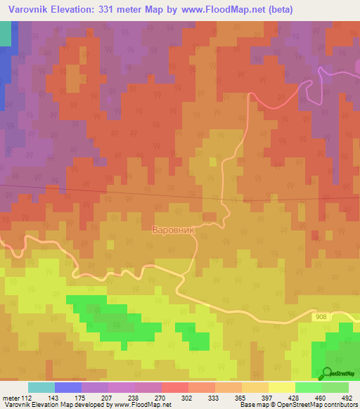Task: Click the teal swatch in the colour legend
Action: pos(41,387)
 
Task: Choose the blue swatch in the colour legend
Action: pos(67,387)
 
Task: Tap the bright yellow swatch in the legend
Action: pos(281,387)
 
